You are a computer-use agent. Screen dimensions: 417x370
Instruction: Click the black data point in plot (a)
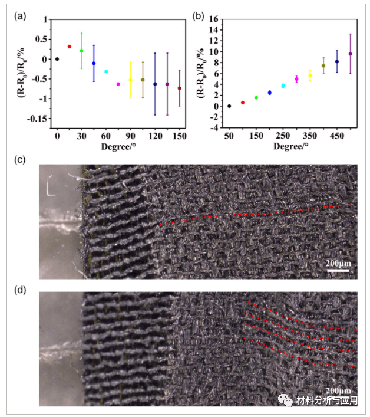[x=57, y=59]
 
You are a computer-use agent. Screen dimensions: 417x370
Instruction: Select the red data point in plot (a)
[x=70, y=47]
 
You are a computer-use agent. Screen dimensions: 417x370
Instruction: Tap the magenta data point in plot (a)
[x=118, y=84]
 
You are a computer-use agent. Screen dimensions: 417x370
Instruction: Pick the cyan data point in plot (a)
[x=106, y=71]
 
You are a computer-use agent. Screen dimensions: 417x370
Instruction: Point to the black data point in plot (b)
[x=229, y=106]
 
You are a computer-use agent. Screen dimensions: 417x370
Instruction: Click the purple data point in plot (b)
[x=351, y=54]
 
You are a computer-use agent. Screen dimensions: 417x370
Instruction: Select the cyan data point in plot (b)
[x=283, y=86]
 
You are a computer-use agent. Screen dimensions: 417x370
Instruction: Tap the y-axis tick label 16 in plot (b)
[x=214, y=19]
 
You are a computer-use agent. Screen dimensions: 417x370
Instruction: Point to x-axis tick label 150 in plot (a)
[x=180, y=136]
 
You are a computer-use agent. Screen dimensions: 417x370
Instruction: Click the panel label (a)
[x=21, y=16]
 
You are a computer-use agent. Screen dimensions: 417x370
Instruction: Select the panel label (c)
[x=21, y=159]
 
